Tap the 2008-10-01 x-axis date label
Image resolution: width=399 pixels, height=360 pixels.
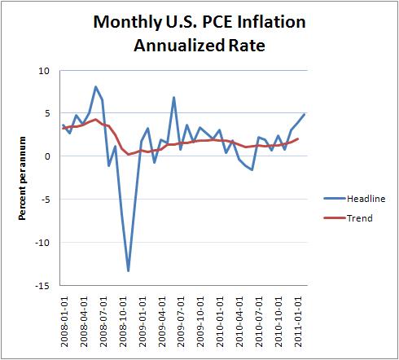click(122, 322)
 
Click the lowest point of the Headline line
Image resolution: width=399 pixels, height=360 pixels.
click(129, 270)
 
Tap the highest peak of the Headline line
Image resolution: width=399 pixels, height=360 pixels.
click(96, 86)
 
